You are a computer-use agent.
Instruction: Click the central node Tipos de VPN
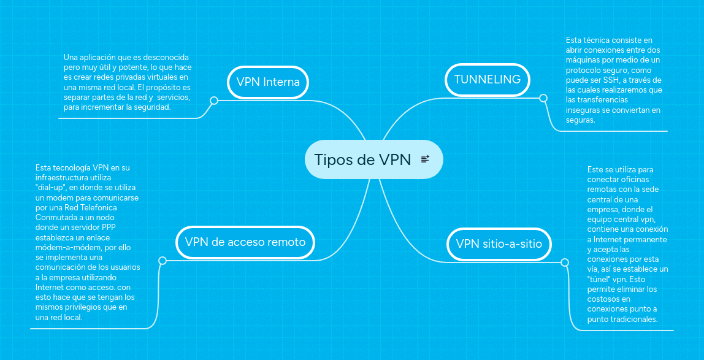(362, 159)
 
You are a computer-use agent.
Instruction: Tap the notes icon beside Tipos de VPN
(425, 159)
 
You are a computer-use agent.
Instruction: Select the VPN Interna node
(268, 82)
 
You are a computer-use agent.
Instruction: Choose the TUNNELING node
(487, 79)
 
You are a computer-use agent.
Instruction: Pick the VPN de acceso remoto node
(245, 242)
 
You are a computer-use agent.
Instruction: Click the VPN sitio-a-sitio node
(499, 243)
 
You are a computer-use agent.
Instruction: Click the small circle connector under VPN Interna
(214, 101)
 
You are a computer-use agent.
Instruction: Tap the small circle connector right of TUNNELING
(543, 98)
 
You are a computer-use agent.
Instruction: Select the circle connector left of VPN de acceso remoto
(163, 261)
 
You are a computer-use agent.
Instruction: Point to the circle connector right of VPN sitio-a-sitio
(565, 262)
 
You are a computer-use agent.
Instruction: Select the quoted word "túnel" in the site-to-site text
(599, 279)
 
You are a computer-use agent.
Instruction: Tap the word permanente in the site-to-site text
(643, 239)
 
